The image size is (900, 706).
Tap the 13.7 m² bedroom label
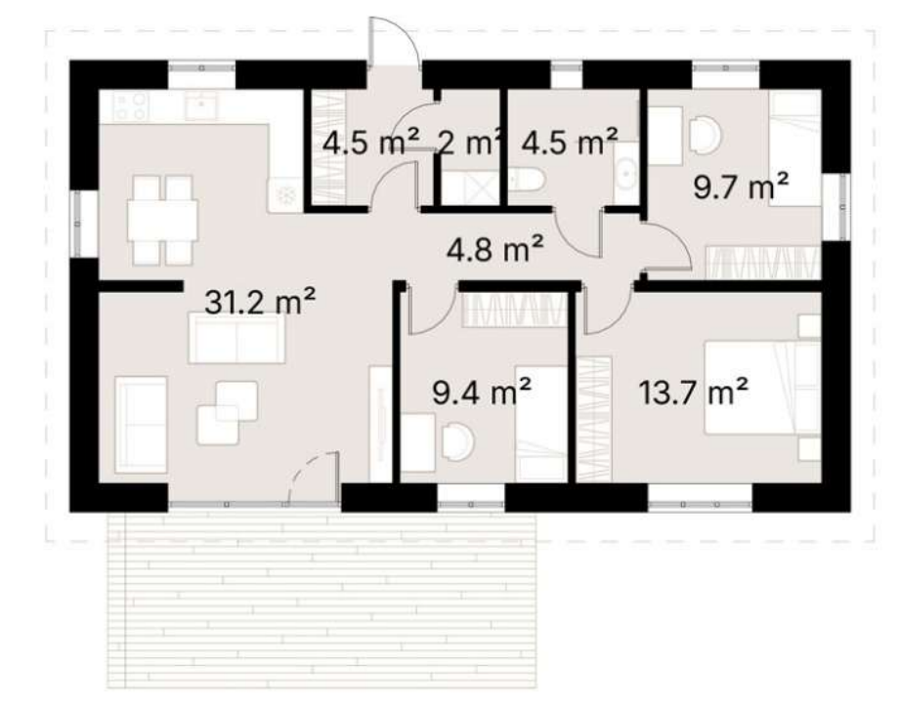click(694, 393)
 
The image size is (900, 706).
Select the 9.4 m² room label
click(481, 393)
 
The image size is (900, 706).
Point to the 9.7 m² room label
click(741, 187)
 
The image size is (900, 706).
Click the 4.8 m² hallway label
click(494, 249)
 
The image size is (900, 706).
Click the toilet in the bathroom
click(526, 179)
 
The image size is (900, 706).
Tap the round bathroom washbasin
click(625, 172)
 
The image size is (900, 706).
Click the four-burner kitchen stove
click(132, 106)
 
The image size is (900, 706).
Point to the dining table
click(162, 220)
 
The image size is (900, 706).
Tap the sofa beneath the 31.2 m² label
click(237, 339)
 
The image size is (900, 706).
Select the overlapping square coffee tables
click(227, 412)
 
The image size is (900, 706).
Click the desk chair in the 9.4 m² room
click(458, 441)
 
